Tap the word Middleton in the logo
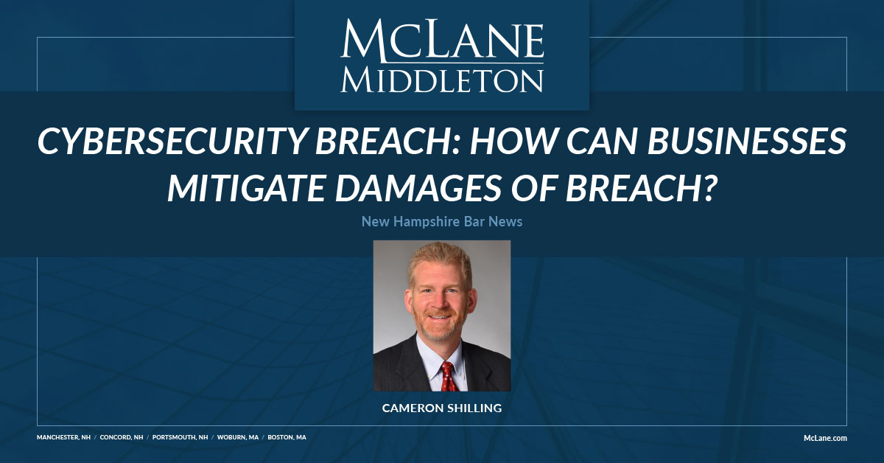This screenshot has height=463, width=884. pyautogui.click(x=442, y=80)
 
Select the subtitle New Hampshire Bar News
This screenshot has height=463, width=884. pyautogui.click(x=442, y=221)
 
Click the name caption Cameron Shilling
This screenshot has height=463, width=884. pyautogui.click(x=442, y=406)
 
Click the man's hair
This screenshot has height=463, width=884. pyautogui.click(x=440, y=258)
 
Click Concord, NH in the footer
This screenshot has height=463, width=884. pyautogui.click(x=122, y=437)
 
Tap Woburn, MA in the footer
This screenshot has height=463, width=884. pyautogui.click(x=237, y=437)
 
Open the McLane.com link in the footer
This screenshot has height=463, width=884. pyautogui.click(x=824, y=438)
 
